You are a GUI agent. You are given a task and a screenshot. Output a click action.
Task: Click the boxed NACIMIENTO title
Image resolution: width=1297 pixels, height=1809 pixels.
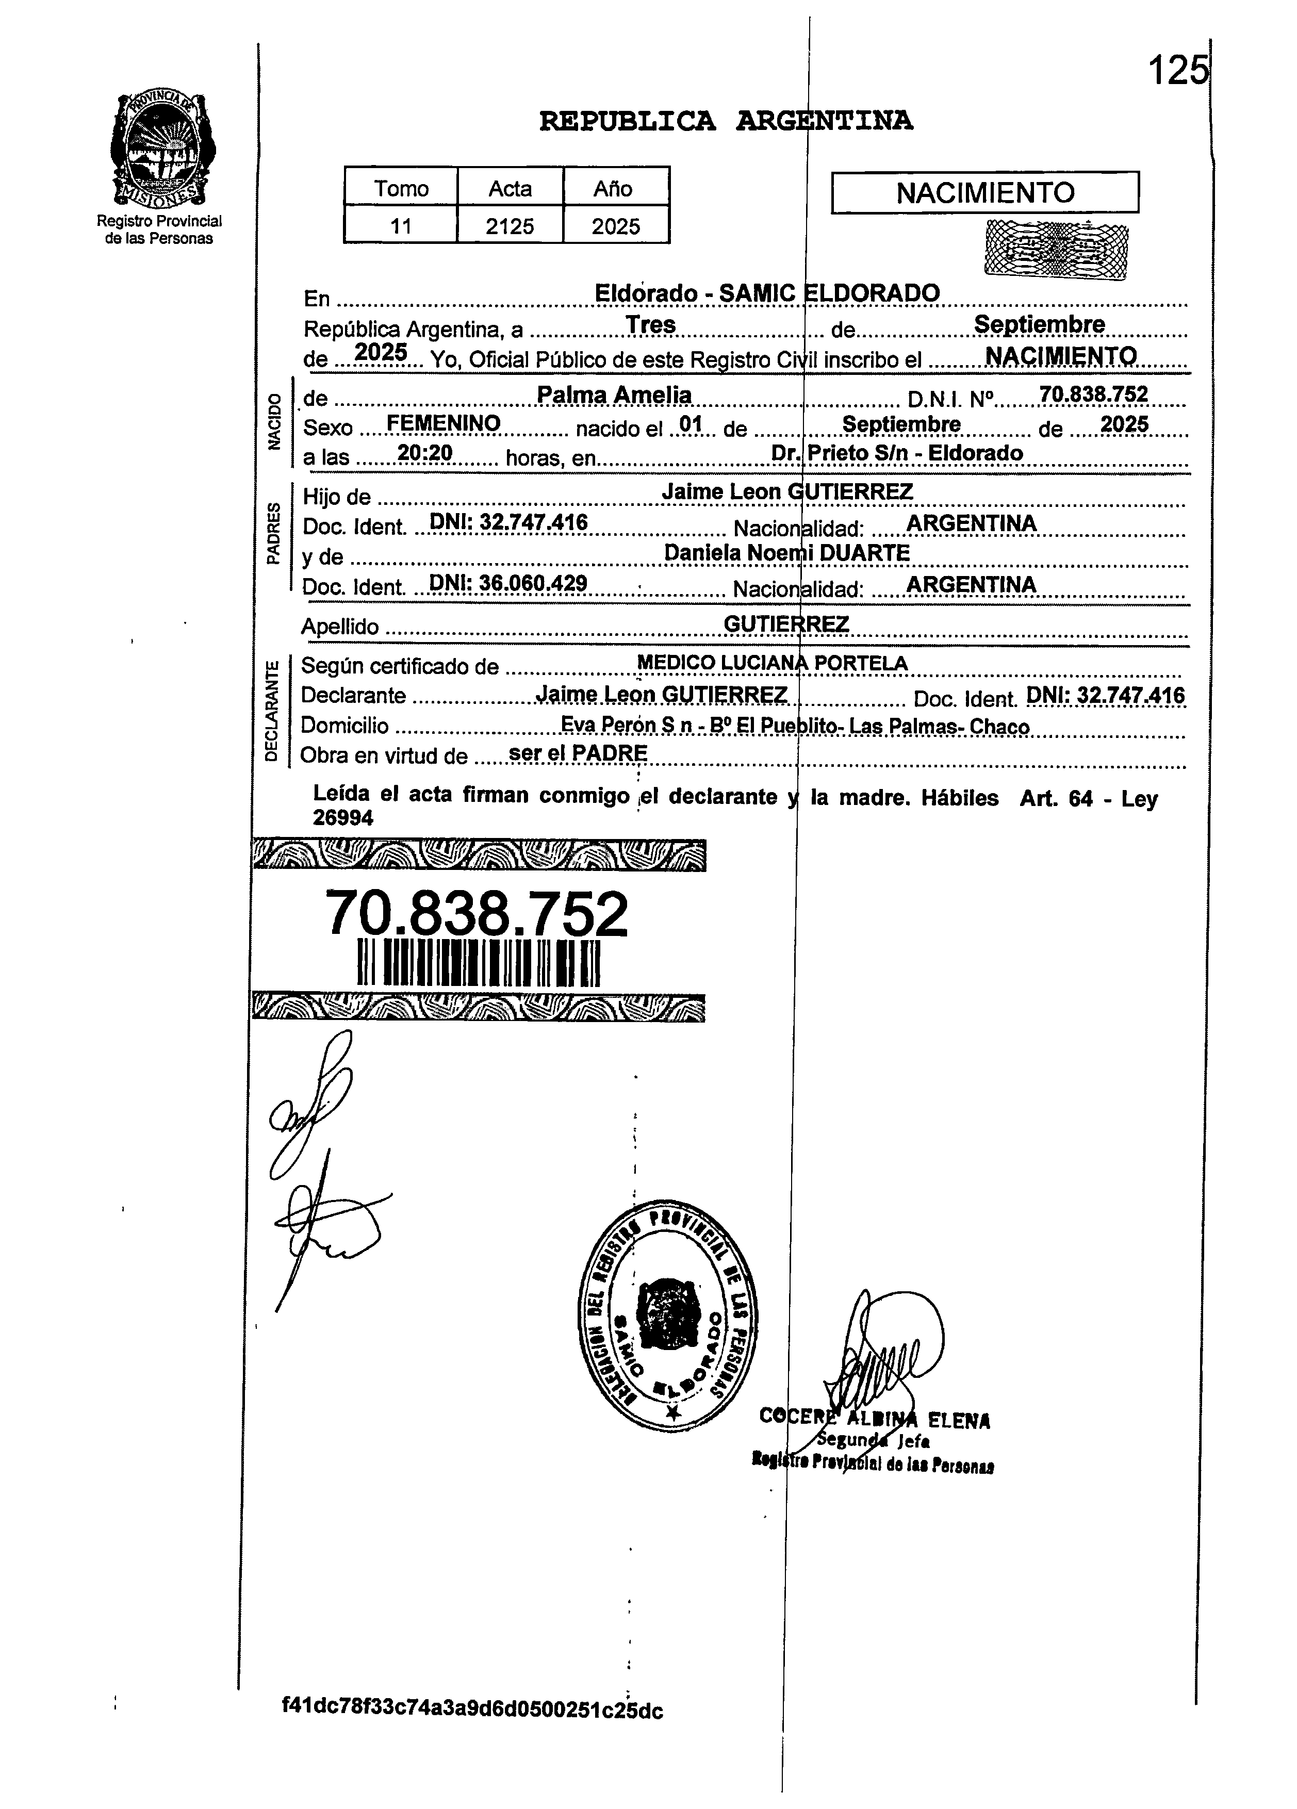[x=984, y=193]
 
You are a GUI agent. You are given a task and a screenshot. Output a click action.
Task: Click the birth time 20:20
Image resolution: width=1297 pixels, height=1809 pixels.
[x=425, y=453]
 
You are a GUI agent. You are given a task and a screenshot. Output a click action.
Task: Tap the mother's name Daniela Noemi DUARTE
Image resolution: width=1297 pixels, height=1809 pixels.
[x=786, y=553]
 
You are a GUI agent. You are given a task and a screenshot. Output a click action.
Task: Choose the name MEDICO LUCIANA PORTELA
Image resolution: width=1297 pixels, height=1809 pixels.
[x=772, y=663]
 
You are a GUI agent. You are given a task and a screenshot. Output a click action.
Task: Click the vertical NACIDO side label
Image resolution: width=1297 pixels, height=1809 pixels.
[x=274, y=422]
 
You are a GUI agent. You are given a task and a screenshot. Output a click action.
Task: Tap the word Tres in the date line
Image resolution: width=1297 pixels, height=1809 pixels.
[x=650, y=325]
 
